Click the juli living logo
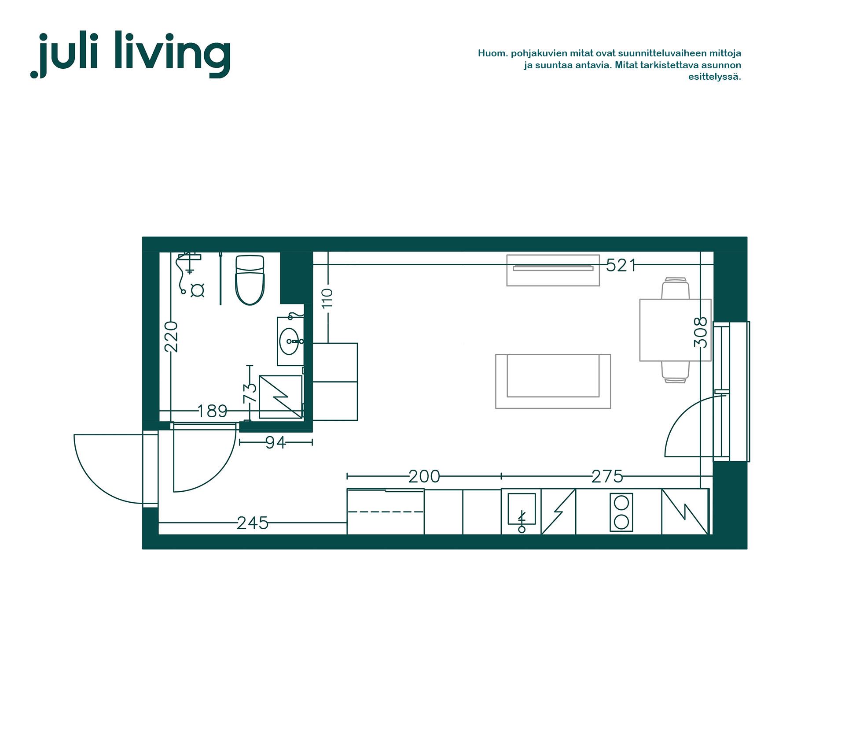(130, 54)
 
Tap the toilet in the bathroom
(250, 280)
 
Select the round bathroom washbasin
(289, 341)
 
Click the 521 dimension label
(621, 265)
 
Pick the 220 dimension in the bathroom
(171, 337)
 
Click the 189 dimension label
(212, 411)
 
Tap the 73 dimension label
(250, 393)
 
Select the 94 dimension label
(276, 442)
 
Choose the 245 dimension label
(253, 523)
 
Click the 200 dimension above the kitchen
(424, 476)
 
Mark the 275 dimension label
(607, 476)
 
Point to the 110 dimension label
(327, 298)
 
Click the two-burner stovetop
(621, 512)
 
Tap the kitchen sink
(522, 509)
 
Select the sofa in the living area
(553, 381)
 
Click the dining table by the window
(675, 330)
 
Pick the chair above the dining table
(676, 288)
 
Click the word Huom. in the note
(492, 53)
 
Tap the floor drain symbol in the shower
(197, 290)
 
